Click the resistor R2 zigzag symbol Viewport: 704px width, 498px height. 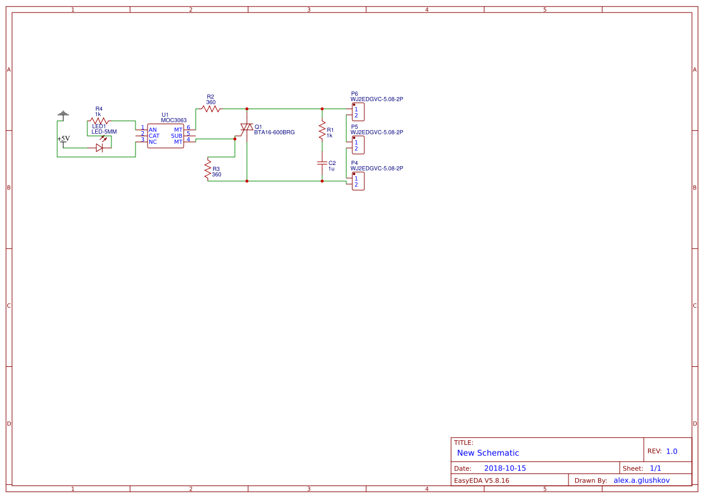tap(210, 109)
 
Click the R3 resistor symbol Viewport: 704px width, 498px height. tap(208, 169)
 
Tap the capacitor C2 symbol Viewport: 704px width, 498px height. tap(322, 163)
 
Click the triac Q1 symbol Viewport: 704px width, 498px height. tap(246, 128)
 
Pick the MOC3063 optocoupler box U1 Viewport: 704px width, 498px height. tap(166, 135)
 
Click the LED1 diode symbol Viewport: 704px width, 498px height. tap(99, 148)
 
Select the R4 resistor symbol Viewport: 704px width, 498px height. tap(99, 121)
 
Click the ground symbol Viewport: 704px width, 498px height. tap(63, 113)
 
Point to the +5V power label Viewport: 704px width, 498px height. tap(63, 139)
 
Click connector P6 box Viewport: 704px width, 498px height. tap(358, 112)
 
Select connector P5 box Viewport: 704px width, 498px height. tap(358, 145)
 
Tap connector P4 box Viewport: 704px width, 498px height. tap(358, 181)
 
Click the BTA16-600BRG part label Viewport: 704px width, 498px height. tap(274, 132)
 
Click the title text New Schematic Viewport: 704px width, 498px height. tap(488, 453)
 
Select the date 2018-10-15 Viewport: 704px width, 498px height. tap(505, 468)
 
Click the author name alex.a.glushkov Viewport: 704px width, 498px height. tap(641, 480)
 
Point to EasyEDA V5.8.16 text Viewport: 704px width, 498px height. tap(481, 480)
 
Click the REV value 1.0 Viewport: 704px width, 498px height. tap(671, 451)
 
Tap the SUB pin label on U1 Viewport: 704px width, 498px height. tap(176, 136)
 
